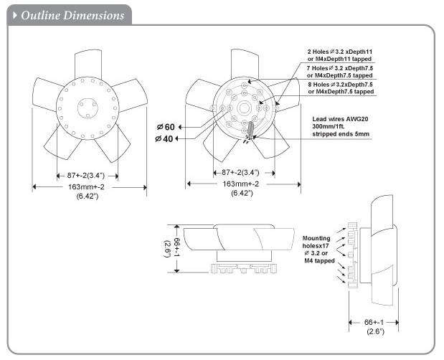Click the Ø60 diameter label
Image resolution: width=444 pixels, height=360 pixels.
click(x=165, y=127)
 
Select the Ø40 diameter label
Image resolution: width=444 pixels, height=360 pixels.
click(x=165, y=138)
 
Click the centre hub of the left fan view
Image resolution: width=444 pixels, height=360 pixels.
click(x=89, y=104)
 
